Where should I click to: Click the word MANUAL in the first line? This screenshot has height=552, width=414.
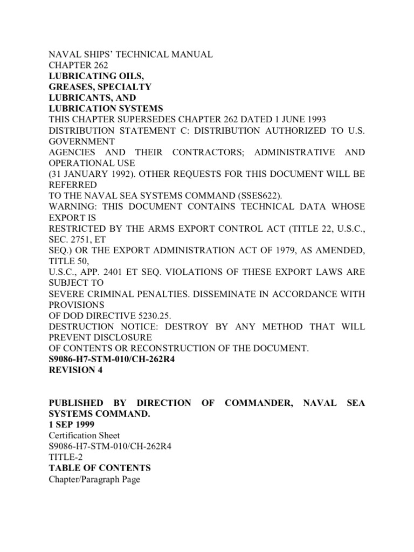[x=190, y=54]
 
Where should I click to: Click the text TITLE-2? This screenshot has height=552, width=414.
[x=66, y=457]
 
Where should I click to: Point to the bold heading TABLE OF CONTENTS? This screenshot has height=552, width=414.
[x=100, y=468]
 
